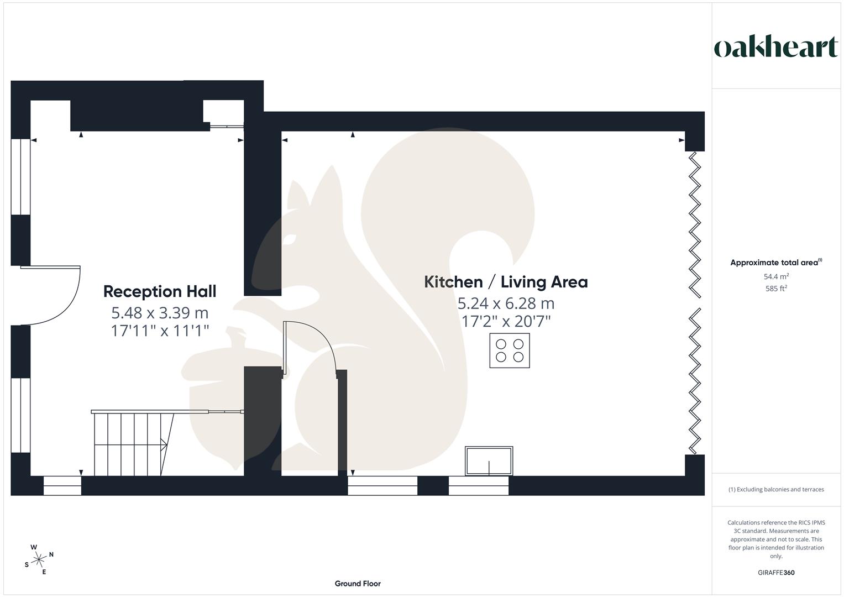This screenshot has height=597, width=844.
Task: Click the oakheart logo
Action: [775, 48]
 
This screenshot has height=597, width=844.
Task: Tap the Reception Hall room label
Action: [160, 291]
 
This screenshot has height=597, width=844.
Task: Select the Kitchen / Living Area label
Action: [506, 282]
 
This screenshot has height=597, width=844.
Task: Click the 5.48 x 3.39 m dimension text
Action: [160, 313]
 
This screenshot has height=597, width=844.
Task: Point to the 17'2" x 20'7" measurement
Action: [506, 321]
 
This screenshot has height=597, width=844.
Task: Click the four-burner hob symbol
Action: [509, 350]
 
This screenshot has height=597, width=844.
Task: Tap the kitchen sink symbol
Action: [489, 461]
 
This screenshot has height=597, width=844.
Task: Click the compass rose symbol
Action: [39, 560]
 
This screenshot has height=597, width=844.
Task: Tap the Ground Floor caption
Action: [358, 583]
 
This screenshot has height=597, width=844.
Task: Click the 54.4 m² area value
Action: [776, 276]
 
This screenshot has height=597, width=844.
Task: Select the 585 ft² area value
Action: [776, 289]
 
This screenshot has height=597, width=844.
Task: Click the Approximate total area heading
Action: [775, 263]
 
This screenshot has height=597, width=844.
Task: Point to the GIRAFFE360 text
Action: [776, 573]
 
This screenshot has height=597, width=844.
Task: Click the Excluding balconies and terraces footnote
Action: [776, 489]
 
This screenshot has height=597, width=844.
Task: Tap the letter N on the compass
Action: [51, 554]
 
